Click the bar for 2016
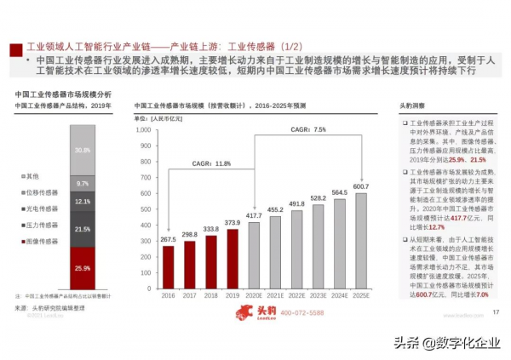pos(168,266)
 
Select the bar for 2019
pos(232,259)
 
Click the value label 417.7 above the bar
pos(253,216)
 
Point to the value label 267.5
pos(168,239)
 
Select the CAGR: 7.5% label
pos(307,129)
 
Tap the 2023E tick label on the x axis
pos(317,295)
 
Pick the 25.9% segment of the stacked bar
pos(83,268)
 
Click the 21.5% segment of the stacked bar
pos(83,230)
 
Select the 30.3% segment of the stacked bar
pos(83,150)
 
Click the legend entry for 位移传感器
pos(38,192)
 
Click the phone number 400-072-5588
pos(302,314)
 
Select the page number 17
pos(495,313)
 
